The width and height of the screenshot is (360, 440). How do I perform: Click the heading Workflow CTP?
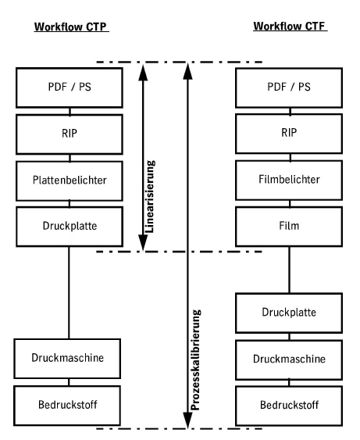coord(70,30)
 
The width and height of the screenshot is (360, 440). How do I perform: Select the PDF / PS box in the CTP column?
coord(70,87)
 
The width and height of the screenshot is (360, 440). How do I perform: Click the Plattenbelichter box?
coord(70,180)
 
